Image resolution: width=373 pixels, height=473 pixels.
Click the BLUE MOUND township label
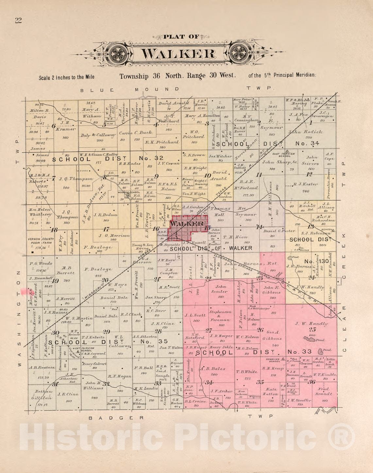tap(130, 89)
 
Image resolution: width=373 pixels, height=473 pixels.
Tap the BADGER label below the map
tap(116, 418)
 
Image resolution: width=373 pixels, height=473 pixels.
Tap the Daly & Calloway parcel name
tap(98, 135)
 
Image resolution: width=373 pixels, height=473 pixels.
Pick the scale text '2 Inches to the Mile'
tap(67, 77)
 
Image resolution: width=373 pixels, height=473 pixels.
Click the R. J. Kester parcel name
tap(305, 184)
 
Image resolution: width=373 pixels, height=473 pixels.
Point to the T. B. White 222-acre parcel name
tap(246, 372)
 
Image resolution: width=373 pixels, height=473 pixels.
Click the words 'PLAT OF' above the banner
tap(181, 36)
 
